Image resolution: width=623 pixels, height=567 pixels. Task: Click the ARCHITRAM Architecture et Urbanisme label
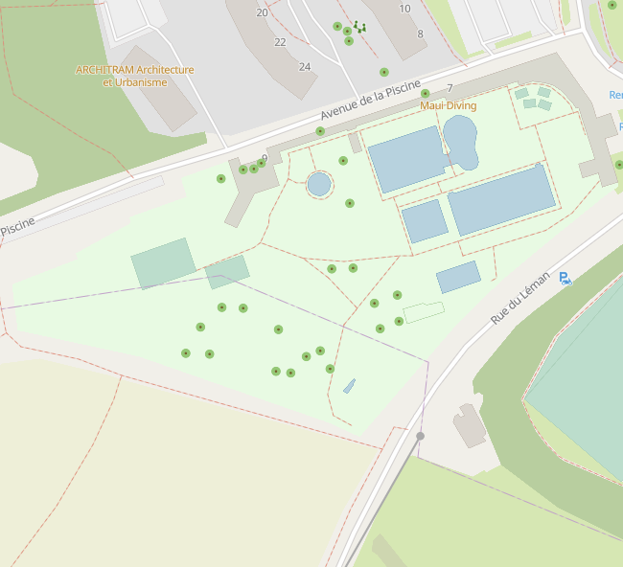(134, 76)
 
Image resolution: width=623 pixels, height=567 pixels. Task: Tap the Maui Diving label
(448, 105)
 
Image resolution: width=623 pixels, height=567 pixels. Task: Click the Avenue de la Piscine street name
(370, 104)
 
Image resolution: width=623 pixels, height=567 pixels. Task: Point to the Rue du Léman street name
(520, 296)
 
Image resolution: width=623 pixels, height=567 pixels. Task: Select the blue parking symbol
(565, 279)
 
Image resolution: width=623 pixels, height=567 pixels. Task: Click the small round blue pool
(319, 183)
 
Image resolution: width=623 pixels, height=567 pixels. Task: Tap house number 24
(305, 67)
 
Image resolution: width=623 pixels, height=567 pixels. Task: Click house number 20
(262, 12)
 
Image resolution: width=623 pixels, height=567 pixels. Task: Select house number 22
(280, 42)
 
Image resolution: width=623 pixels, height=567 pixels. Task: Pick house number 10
(404, 9)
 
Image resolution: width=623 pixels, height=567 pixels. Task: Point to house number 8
(420, 34)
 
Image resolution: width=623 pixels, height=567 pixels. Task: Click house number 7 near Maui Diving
(450, 88)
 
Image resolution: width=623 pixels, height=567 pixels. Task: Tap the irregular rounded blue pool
(460, 141)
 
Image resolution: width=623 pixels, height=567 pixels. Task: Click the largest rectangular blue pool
(501, 199)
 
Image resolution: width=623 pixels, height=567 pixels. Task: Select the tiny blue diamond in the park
(349, 386)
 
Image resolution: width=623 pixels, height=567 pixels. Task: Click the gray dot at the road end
(420, 436)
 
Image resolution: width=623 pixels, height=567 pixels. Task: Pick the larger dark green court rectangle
(163, 263)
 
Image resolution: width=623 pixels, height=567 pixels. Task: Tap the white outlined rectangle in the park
(424, 312)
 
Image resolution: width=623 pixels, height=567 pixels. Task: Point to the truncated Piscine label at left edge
(17, 226)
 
